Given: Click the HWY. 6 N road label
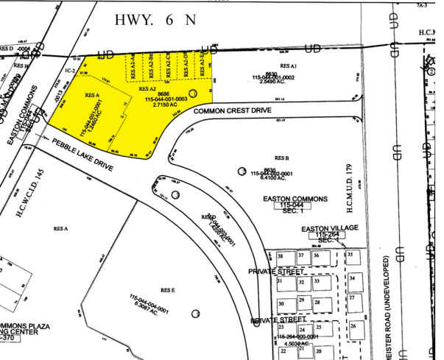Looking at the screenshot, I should (x=155, y=20).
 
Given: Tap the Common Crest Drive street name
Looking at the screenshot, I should (x=233, y=111).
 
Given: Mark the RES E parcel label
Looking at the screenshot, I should (x=161, y=289).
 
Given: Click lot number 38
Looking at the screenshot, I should (x=281, y=256).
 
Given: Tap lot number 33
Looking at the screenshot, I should (x=317, y=281).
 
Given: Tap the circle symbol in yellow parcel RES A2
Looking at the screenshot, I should (x=194, y=93).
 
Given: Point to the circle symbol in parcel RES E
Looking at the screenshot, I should (x=195, y=314).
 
